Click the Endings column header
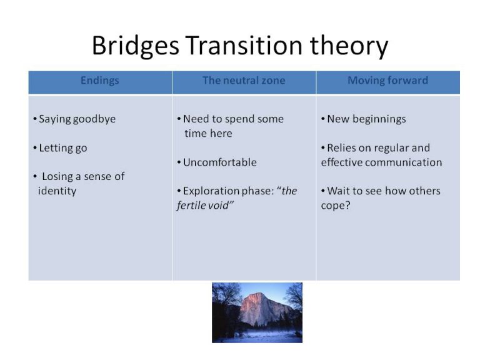coord(100,81)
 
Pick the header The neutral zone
coord(244,81)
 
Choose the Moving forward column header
coord(387,81)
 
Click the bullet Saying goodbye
coord(77,119)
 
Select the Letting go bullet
coord(63,148)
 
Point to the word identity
coord(57,191)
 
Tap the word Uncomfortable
coord(219,162)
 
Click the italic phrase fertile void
coord(205,206)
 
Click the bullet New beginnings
coord(366,119)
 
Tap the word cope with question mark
coord(336,206)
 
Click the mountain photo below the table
coord(257,312)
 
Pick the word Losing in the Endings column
coord(57,176)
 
